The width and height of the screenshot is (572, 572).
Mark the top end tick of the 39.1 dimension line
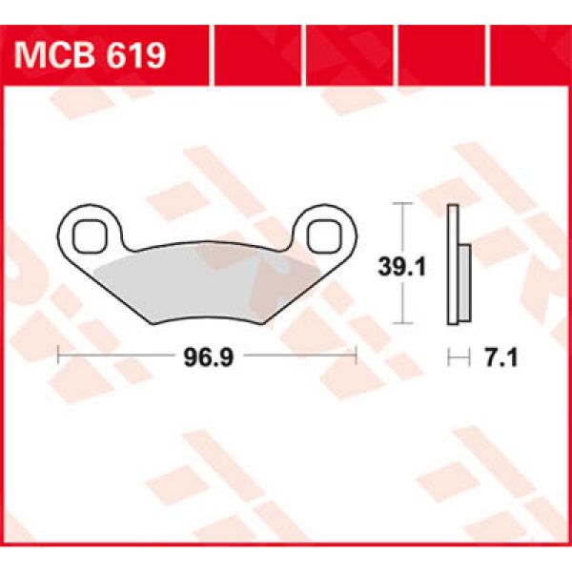click(x=404, y=204)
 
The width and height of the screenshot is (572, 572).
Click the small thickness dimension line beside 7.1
click(x=460, y=358)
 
